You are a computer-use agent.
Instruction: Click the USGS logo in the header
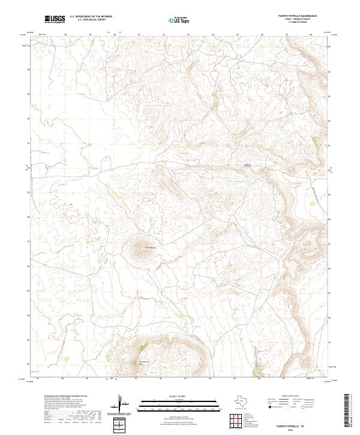55,19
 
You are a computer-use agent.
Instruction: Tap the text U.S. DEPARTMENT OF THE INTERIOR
91,17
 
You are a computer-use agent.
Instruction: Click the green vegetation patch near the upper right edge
316,142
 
